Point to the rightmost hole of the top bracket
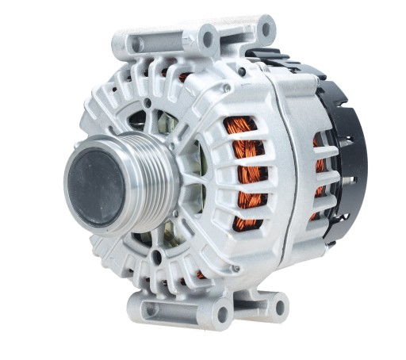click(266, 30)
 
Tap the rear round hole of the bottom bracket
click(279, 306)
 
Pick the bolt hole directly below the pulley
click(156, 256)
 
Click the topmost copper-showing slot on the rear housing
click(317, 144)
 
